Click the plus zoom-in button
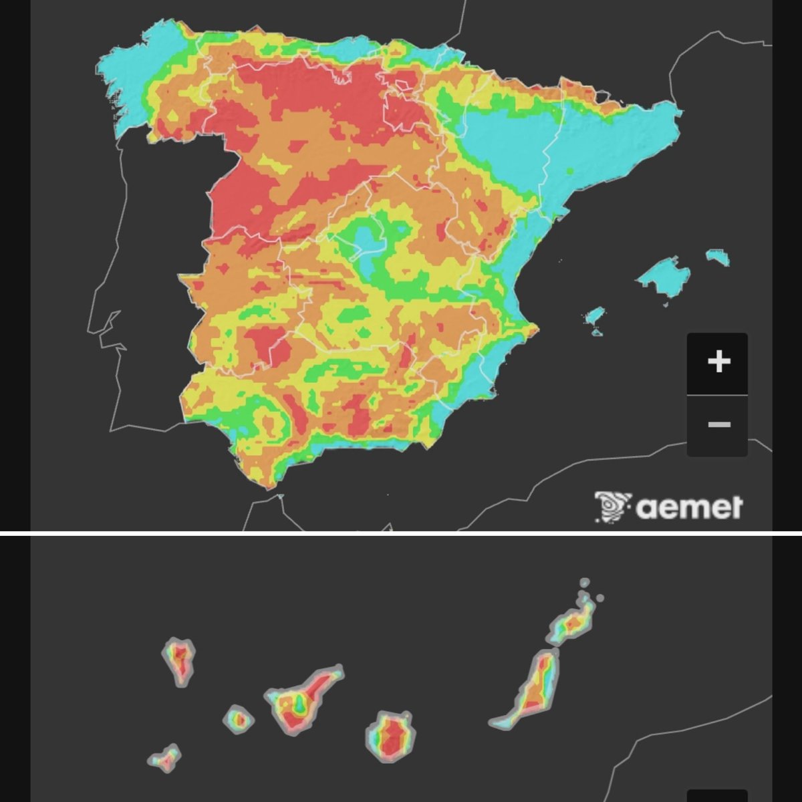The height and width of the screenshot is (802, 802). pos(718,362)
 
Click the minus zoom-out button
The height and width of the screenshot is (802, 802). pos(718,425)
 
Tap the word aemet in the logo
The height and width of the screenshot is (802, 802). pos(688,508)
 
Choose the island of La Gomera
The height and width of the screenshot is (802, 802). pos(238,719)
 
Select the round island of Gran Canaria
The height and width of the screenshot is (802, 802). pos(392,737)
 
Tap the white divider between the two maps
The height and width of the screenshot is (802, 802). pos(401,533)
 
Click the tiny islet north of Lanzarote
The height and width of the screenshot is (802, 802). pos(585,583)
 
